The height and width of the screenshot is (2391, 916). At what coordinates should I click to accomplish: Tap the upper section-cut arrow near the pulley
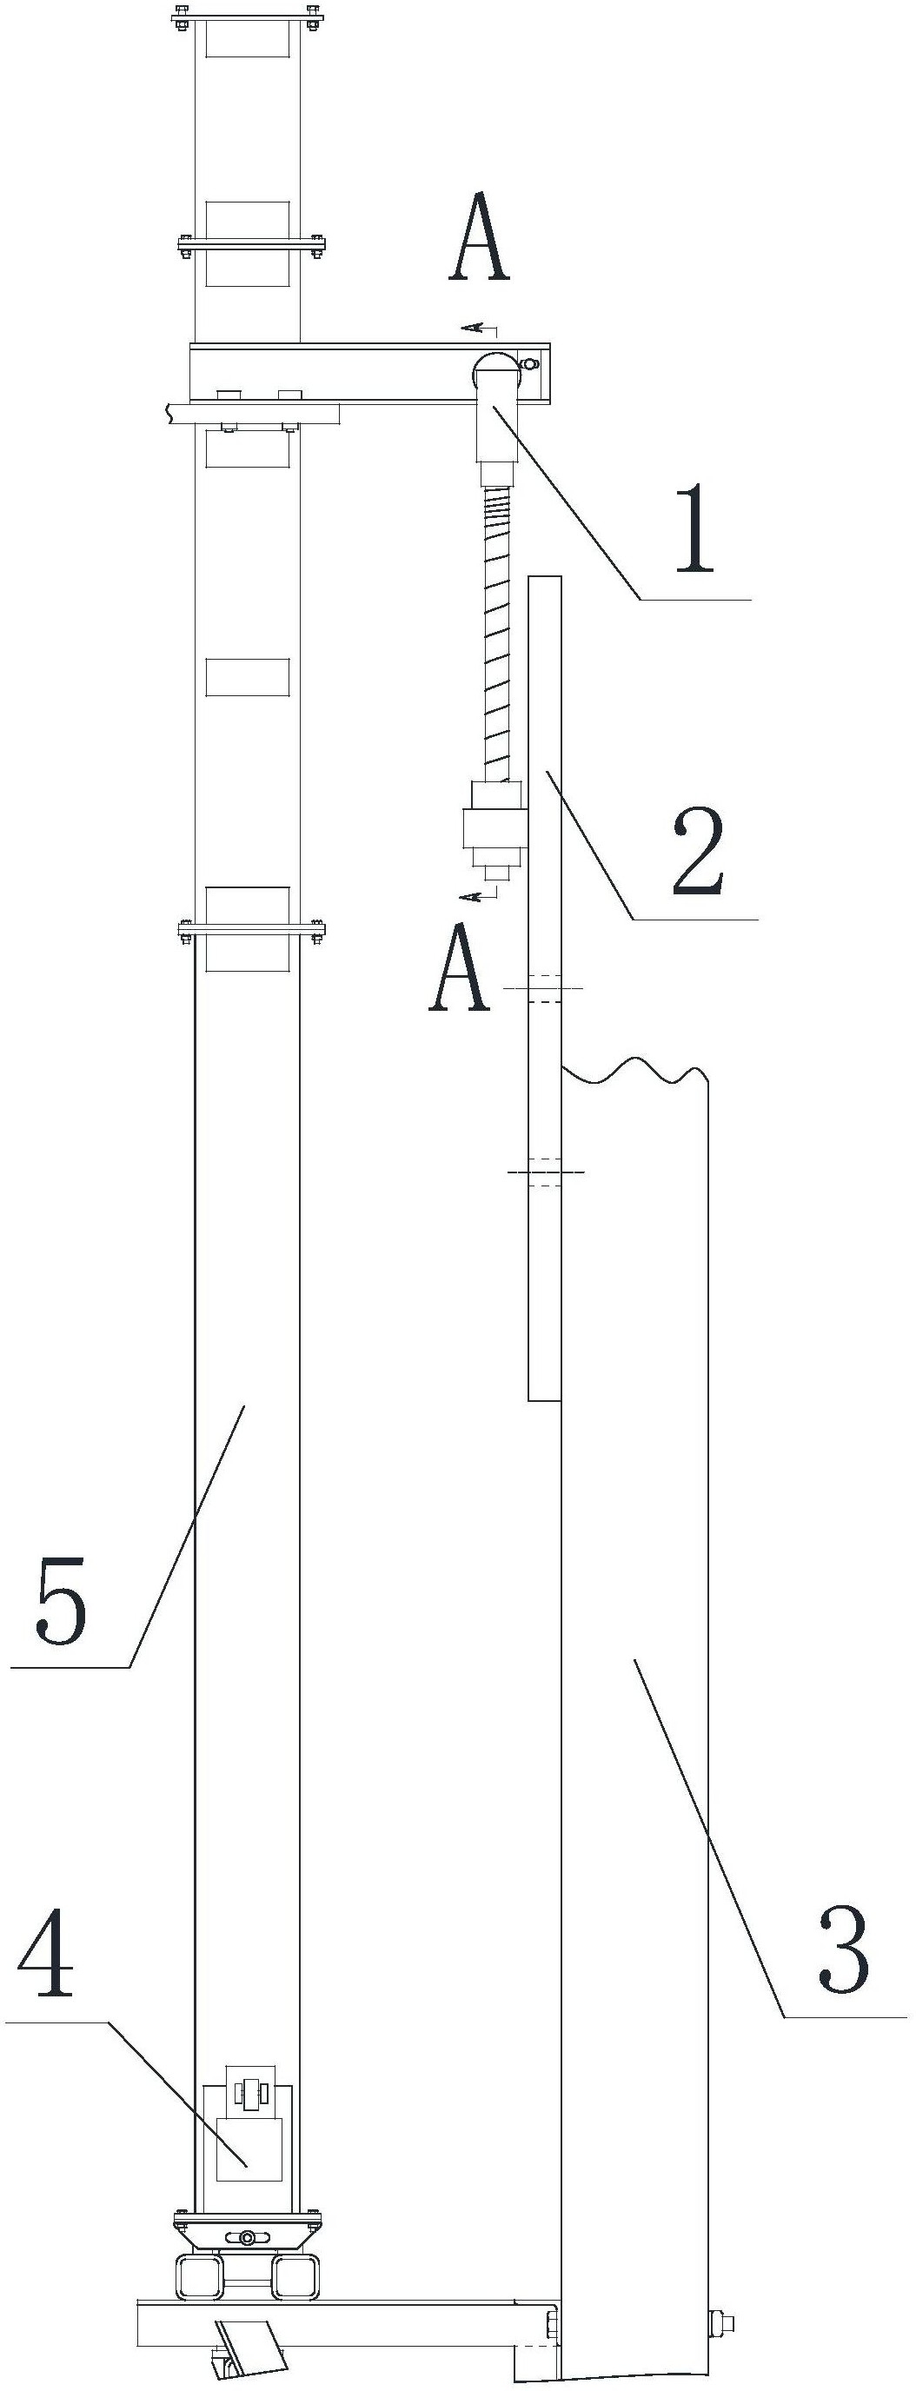[479, 328]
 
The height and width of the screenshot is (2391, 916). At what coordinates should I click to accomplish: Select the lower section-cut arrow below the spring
[479, 893]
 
